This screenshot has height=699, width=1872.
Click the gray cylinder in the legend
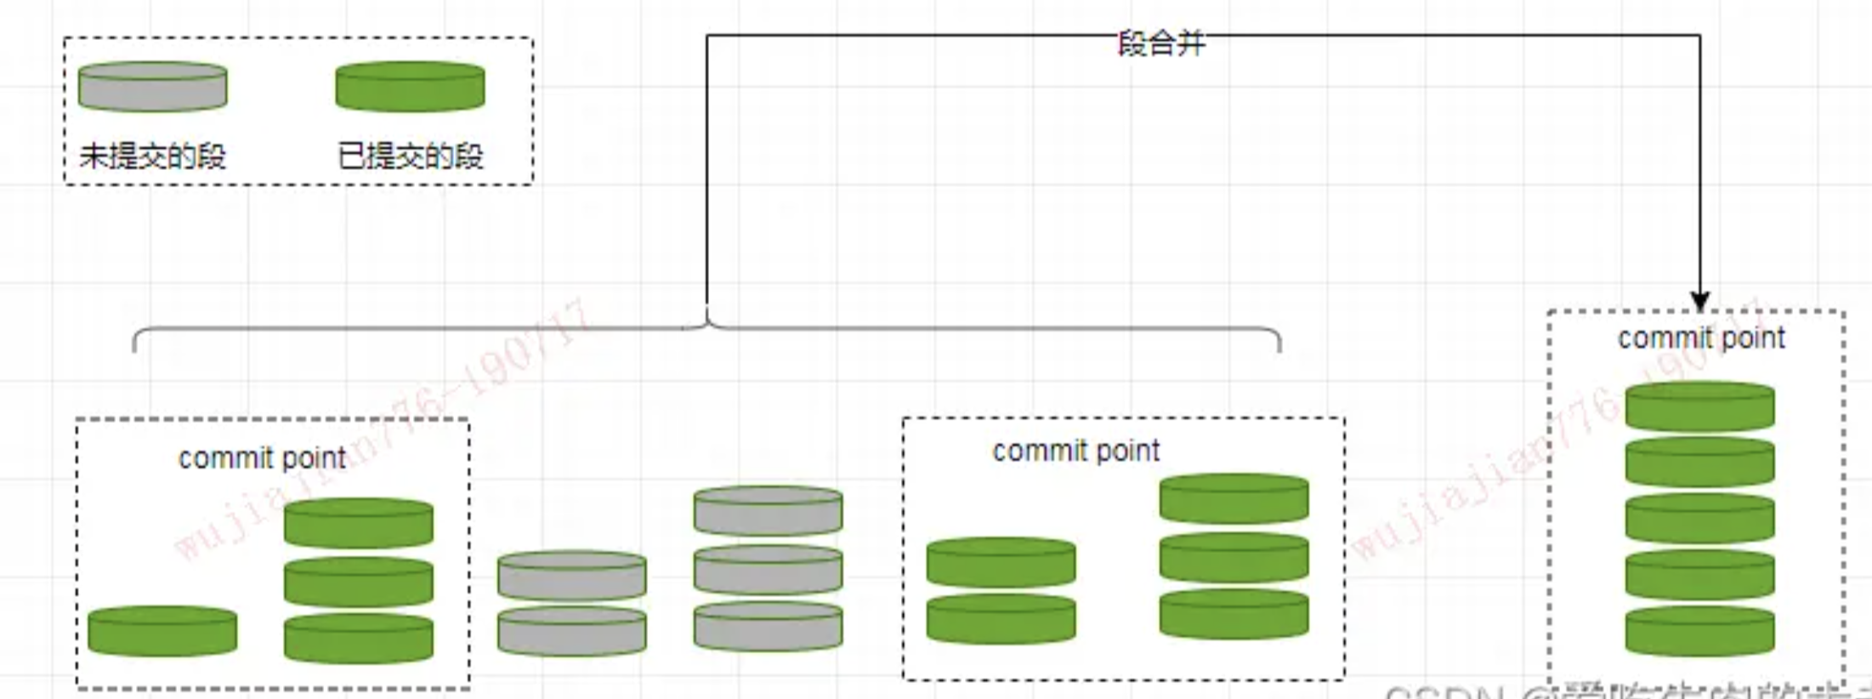click(153, 86)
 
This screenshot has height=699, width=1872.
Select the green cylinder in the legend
click(410, 86)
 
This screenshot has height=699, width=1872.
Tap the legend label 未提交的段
click(153, 156)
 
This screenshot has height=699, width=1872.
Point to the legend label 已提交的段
click(410, 156)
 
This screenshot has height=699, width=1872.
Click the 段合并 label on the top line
click(1161, 43)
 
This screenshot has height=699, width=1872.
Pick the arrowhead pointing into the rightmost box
click(1699, 301)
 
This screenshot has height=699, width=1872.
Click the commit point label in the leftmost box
click(262, 458)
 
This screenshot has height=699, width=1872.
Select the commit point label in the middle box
click(1075, 451)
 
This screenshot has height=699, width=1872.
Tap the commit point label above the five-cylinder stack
click(1700, 338)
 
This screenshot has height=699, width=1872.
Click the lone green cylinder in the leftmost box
click(162, 631)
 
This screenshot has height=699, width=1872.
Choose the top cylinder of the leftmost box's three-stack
click(358, 523)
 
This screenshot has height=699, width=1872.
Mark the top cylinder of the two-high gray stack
click(571, 576)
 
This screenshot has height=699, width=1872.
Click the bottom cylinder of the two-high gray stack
click(571, 631)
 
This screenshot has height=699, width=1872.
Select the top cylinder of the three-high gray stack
click(768, 511)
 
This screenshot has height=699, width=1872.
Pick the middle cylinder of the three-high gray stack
click(768, 570)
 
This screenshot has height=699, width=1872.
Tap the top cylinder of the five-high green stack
click(1699, 406)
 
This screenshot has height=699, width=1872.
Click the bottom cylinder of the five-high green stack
click(1699, 631)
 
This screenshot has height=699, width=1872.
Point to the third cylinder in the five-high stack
click(1699, 519)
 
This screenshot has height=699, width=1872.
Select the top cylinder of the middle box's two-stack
click(1001, 562)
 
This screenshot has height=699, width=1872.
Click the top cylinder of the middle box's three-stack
click(1234, 498)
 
